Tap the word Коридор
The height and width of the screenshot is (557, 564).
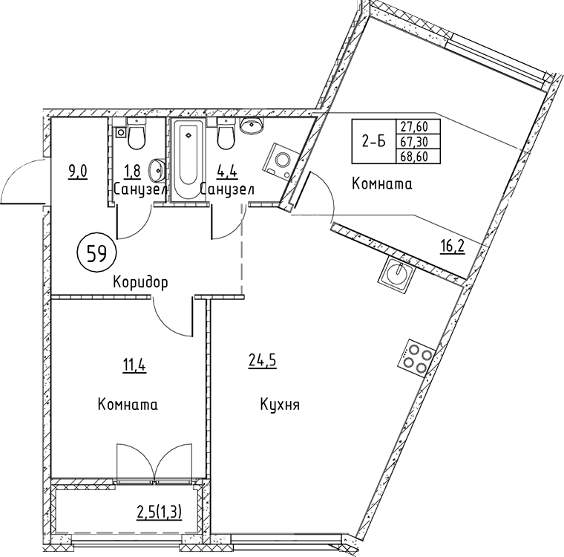pyautogui.click(x=141, y=282)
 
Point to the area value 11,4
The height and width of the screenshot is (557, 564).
pyautogui.click(x=134, y=364)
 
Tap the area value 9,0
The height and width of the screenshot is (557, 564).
pyautogui.click(x=78, y=171)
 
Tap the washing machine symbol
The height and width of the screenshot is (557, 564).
pyautogui.click(x=283, y=158)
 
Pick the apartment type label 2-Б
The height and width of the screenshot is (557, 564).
pyautogui.click(x=373, y=142)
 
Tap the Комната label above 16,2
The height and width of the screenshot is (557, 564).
pyautogui.click(x=381, y=184)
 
